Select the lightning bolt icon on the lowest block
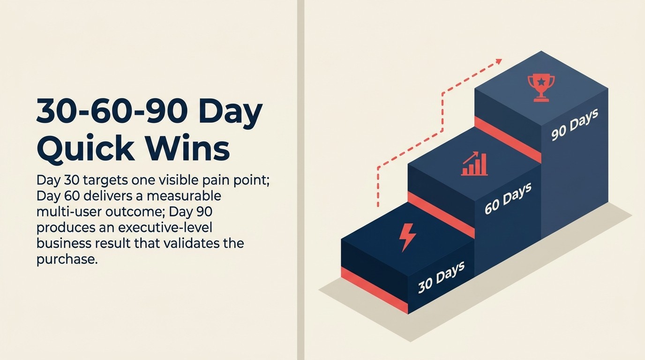407,237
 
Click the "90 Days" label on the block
574,125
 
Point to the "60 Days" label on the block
508,199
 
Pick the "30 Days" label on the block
441,277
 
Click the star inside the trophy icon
541,82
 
